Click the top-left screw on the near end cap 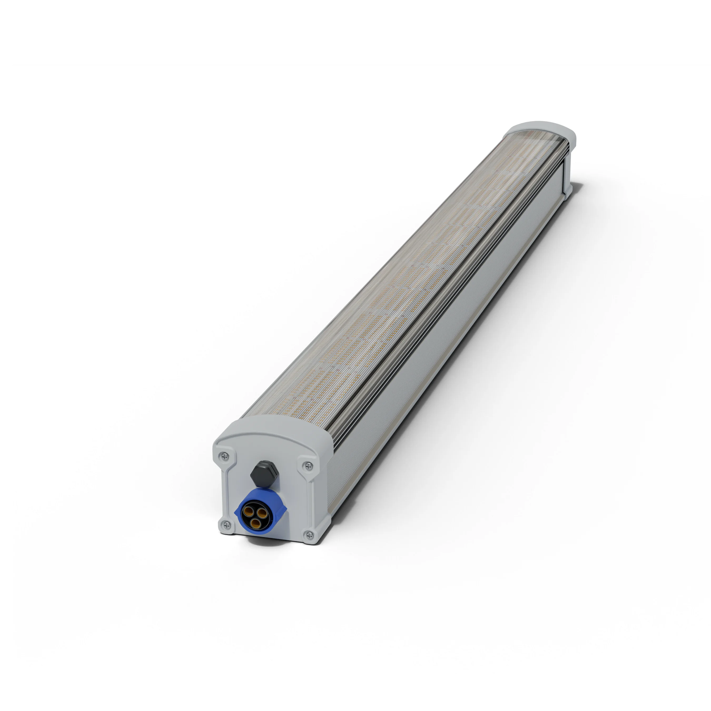click(223, 457)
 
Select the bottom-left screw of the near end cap click(225, 525)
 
